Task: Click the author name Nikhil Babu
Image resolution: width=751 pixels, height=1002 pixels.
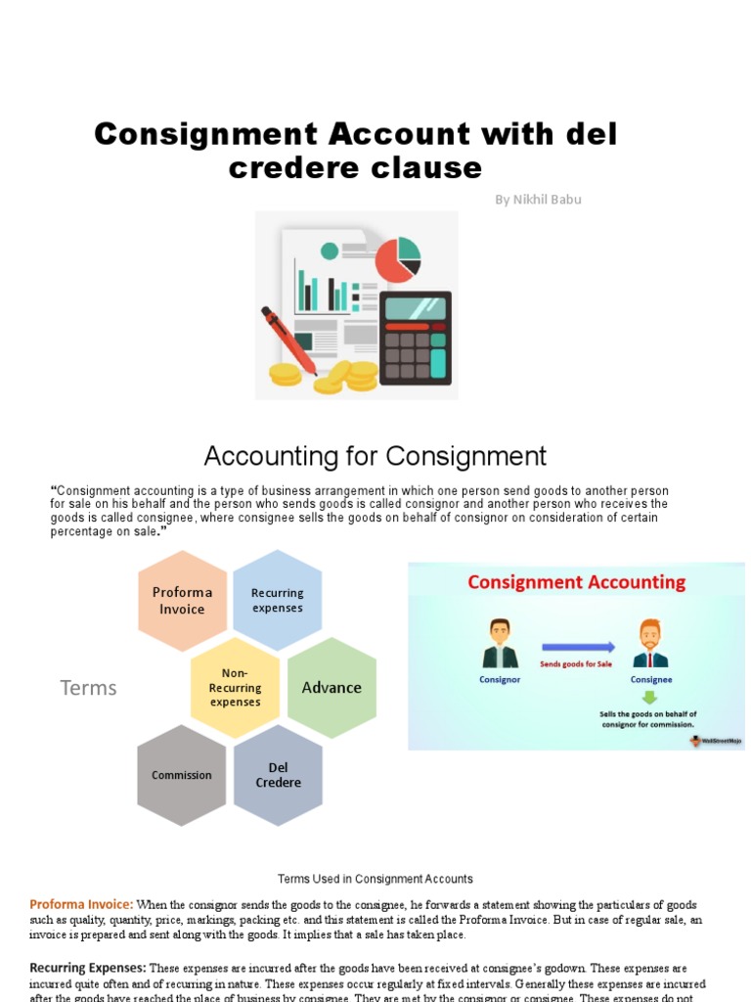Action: [538, 200]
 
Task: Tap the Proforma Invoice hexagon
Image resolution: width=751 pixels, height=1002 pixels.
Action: [182, 601]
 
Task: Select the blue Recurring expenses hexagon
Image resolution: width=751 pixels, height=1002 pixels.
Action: [278, 600]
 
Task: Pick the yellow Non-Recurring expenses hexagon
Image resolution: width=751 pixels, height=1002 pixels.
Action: [235, 687]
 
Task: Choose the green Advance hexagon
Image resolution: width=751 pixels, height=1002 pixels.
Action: [331, 687]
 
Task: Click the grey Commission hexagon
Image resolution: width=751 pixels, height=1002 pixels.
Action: [182, 775]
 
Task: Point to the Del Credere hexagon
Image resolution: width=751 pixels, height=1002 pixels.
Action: [278, 775]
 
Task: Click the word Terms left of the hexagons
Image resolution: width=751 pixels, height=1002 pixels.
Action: [88, 688]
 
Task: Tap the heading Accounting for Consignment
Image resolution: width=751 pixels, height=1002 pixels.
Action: [375, 456]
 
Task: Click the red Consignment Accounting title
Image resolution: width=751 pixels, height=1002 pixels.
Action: [576, 582]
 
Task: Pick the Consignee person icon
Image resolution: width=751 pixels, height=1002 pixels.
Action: [649, 644]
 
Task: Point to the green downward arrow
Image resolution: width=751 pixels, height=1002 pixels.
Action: [649, 698]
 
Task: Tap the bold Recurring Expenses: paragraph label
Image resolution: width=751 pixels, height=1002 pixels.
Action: [87, 968]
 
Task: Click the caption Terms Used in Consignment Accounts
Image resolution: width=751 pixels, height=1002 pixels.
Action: [375, 879]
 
